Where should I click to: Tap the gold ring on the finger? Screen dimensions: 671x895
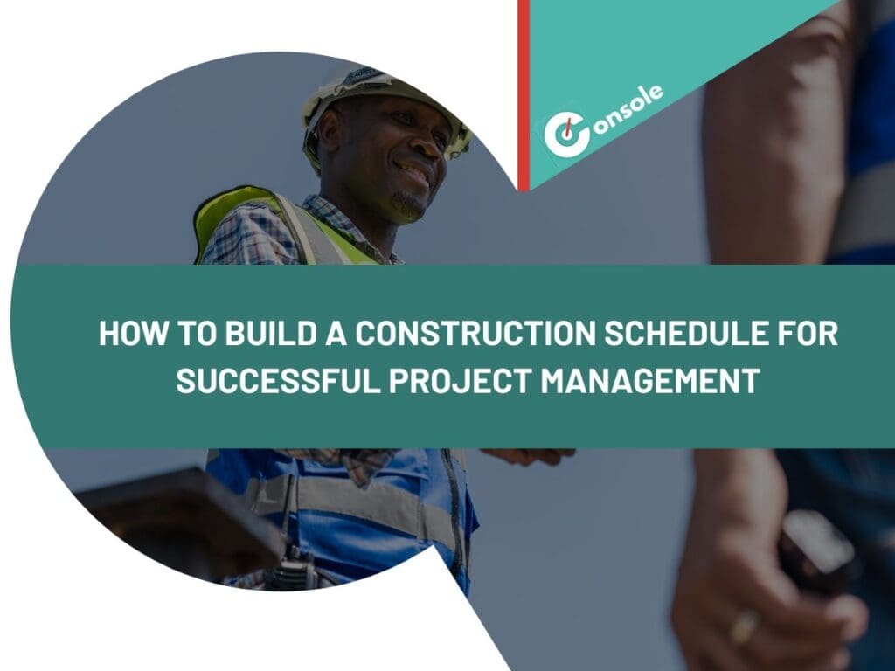pos(745,626)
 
